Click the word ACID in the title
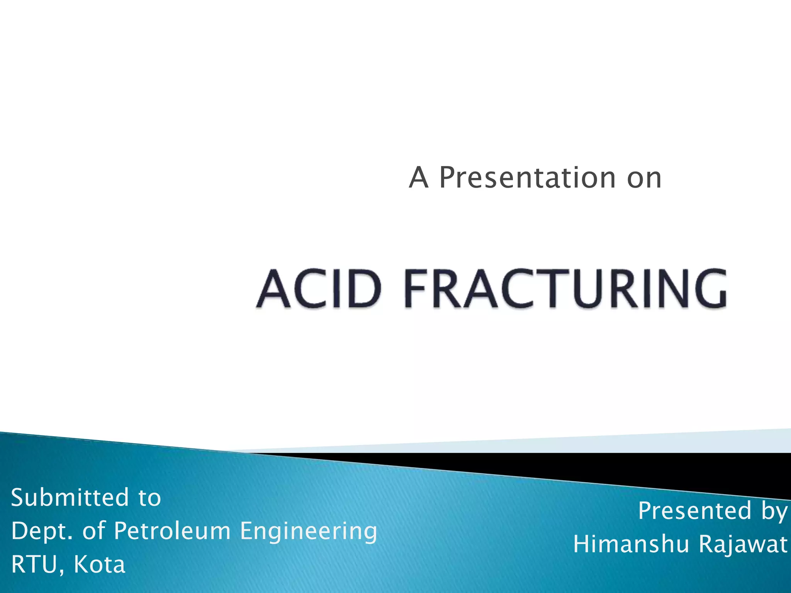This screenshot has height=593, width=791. (x=319, y=289)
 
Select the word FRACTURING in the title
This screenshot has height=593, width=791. (x=565, y=289)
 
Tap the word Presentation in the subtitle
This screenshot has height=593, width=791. (x=528, y=178)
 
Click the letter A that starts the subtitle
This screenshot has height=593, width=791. (x=419, y=178)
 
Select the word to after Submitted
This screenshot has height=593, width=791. (x=149, y=498)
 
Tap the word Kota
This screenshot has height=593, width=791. (x=99, y=564)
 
